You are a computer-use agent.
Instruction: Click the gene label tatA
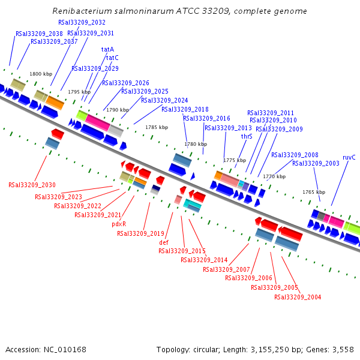107,49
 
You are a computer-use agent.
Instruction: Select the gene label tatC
112,58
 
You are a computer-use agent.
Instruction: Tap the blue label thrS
247,136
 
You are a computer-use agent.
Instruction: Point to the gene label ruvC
349,157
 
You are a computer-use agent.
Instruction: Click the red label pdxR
119,224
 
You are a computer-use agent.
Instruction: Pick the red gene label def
163,242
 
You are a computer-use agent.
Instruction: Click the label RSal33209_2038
39,34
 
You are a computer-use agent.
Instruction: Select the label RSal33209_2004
298,297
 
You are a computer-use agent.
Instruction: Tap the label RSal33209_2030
32,185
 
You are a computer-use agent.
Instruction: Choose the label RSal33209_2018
185,109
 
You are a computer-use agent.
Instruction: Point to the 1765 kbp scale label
313,192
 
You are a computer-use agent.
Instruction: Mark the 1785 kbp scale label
155,127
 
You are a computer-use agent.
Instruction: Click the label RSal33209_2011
271,113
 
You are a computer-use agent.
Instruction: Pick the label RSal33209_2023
58,197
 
